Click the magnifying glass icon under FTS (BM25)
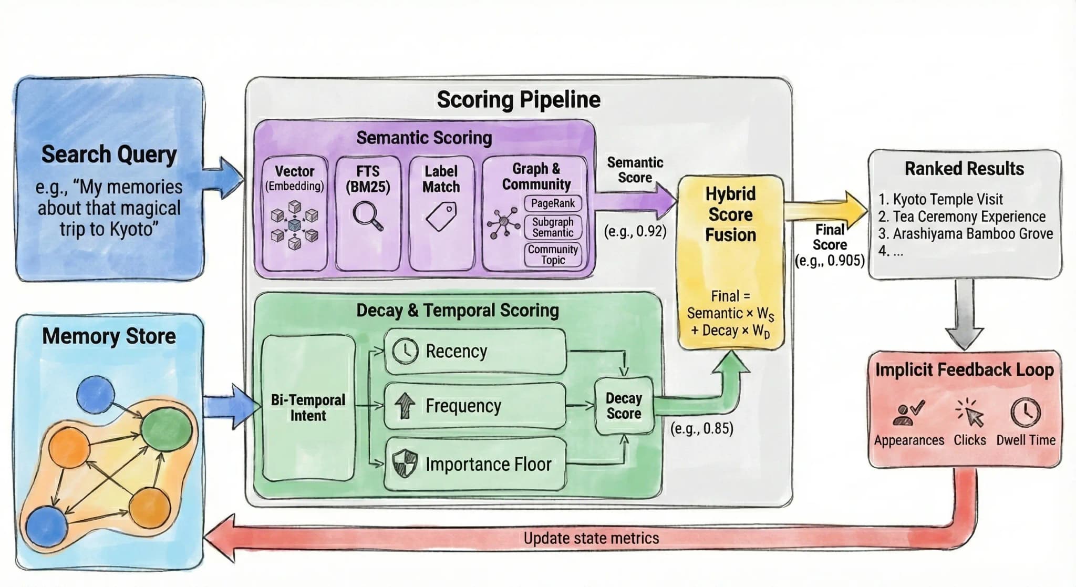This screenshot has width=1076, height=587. [367, 216]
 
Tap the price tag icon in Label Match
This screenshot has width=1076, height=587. [441, 217]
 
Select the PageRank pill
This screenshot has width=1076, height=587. [553, 203]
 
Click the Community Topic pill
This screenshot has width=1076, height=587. [553, 254]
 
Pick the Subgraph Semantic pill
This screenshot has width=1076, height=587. [553, 227]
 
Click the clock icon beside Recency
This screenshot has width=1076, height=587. [406, 351]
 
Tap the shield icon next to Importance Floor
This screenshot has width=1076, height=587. [405, 464]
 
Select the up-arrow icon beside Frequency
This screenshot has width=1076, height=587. [405, 406]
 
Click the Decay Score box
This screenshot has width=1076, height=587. [624, 406]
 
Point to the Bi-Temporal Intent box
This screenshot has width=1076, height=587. [308, 408]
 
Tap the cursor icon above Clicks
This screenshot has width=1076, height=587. [969, 413]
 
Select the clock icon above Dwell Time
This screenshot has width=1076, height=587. [1025, 412]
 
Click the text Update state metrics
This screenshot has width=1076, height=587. [591, 538]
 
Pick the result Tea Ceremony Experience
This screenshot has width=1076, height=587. [968, 217]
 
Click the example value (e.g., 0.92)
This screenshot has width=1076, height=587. [635, 231]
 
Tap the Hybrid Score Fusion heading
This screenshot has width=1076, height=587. [730, 214]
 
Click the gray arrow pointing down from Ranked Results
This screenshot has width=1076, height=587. [964, 315]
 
